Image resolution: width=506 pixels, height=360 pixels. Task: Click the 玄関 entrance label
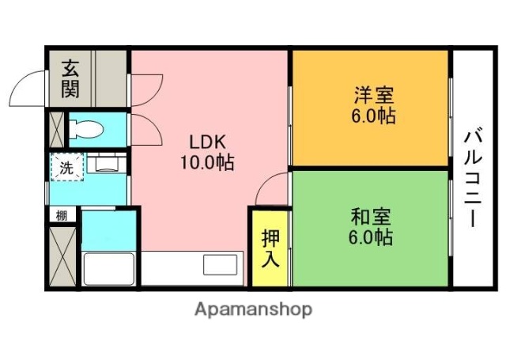pos(70,78)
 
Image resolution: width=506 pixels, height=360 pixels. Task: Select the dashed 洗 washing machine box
pos(66,168)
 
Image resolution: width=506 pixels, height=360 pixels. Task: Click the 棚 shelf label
pos(61,214)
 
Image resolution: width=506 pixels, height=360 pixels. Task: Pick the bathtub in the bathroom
pos(109,268)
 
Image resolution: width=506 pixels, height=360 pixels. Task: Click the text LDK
pos(207,142)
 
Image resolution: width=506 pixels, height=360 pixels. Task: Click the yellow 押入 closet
pos(270,248)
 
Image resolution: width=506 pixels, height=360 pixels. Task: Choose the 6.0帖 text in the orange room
pos(373,117)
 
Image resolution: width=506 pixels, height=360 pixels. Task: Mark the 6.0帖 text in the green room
pos(372,237)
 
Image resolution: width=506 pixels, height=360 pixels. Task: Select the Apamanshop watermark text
pos(253,309)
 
